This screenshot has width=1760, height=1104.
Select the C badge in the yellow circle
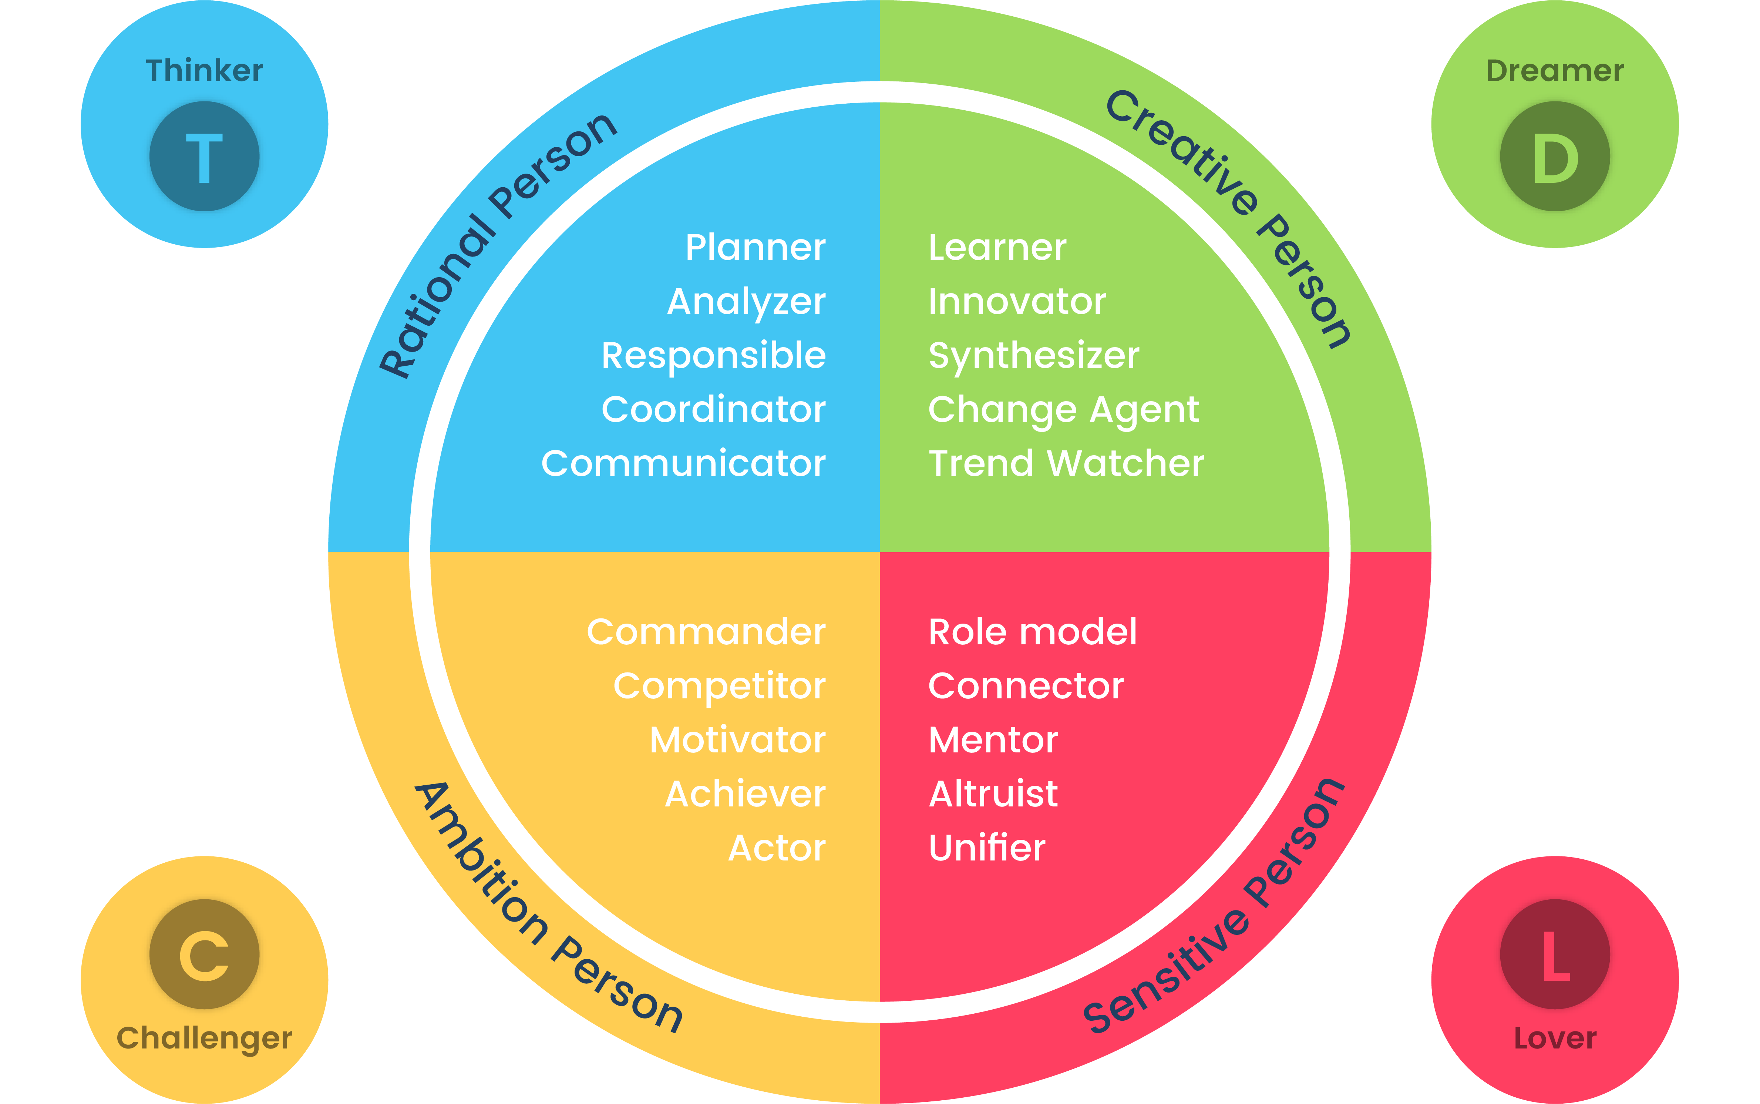204,954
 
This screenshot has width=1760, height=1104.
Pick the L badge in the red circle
1555,954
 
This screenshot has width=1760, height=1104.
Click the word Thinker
204,71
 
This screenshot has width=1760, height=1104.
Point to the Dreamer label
1555,71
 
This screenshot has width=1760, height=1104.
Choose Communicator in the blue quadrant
683,464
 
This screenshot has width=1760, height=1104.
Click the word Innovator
1017,302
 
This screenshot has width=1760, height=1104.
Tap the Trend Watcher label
1066,464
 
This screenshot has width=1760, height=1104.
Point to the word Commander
706,632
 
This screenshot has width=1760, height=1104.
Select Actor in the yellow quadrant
777,848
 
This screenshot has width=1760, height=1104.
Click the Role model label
1032,632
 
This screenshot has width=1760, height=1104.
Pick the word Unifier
987,848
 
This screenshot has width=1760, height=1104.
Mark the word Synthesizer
1034,356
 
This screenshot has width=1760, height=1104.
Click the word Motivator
737,740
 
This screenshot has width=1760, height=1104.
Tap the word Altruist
993,794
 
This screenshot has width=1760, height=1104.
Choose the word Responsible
713,356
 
